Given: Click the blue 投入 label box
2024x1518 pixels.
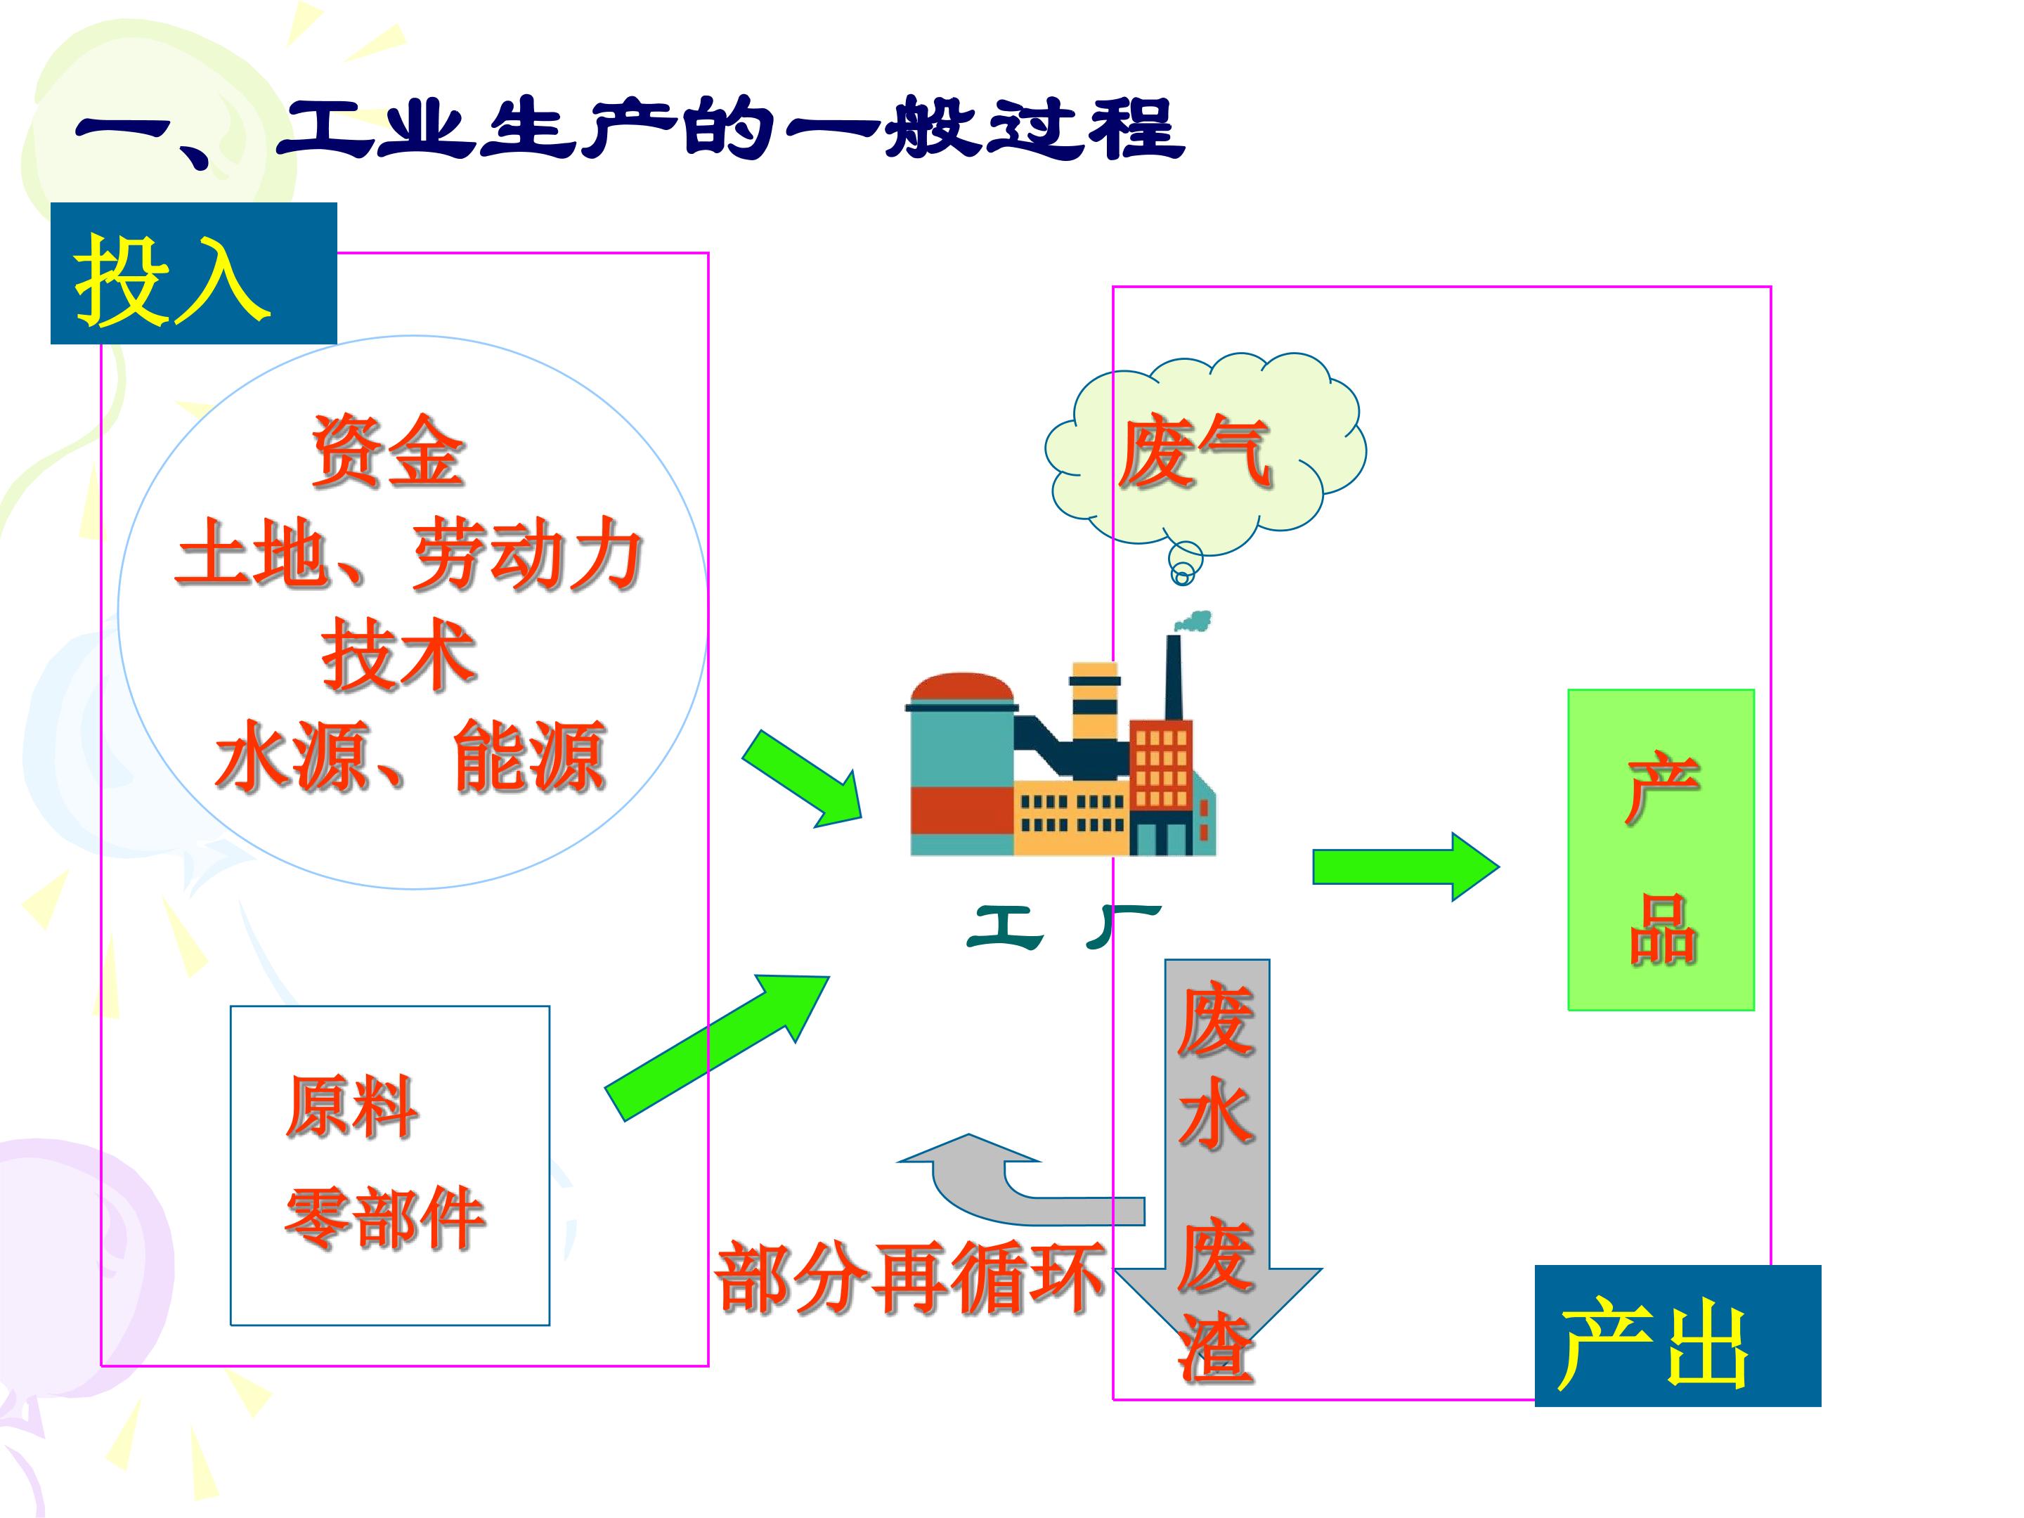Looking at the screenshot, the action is coord(193,273).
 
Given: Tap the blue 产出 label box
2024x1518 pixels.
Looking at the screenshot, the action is coord(1678,1336).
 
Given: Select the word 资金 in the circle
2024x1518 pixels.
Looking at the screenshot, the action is coord(388,450).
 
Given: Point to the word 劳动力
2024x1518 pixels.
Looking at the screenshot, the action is coord(527,554).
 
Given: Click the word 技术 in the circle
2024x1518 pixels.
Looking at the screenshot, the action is coord(399,654).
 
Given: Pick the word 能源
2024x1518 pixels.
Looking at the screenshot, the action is coord(529,755).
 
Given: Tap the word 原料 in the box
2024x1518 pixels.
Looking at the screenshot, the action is coord(352,1107).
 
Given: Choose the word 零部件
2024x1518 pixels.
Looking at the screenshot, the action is coord(384,1218).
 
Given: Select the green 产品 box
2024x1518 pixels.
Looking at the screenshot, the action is coord(1661,850).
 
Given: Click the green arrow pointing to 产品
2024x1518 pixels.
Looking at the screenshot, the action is coord(1406,867).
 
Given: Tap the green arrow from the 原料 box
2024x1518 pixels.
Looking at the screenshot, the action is coord(716,1046).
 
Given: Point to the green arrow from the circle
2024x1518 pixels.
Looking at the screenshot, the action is coord(803,779).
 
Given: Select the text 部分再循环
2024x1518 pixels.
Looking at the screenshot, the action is coord(909,1278).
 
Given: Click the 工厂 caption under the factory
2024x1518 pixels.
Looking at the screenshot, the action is coord(1064,927).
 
